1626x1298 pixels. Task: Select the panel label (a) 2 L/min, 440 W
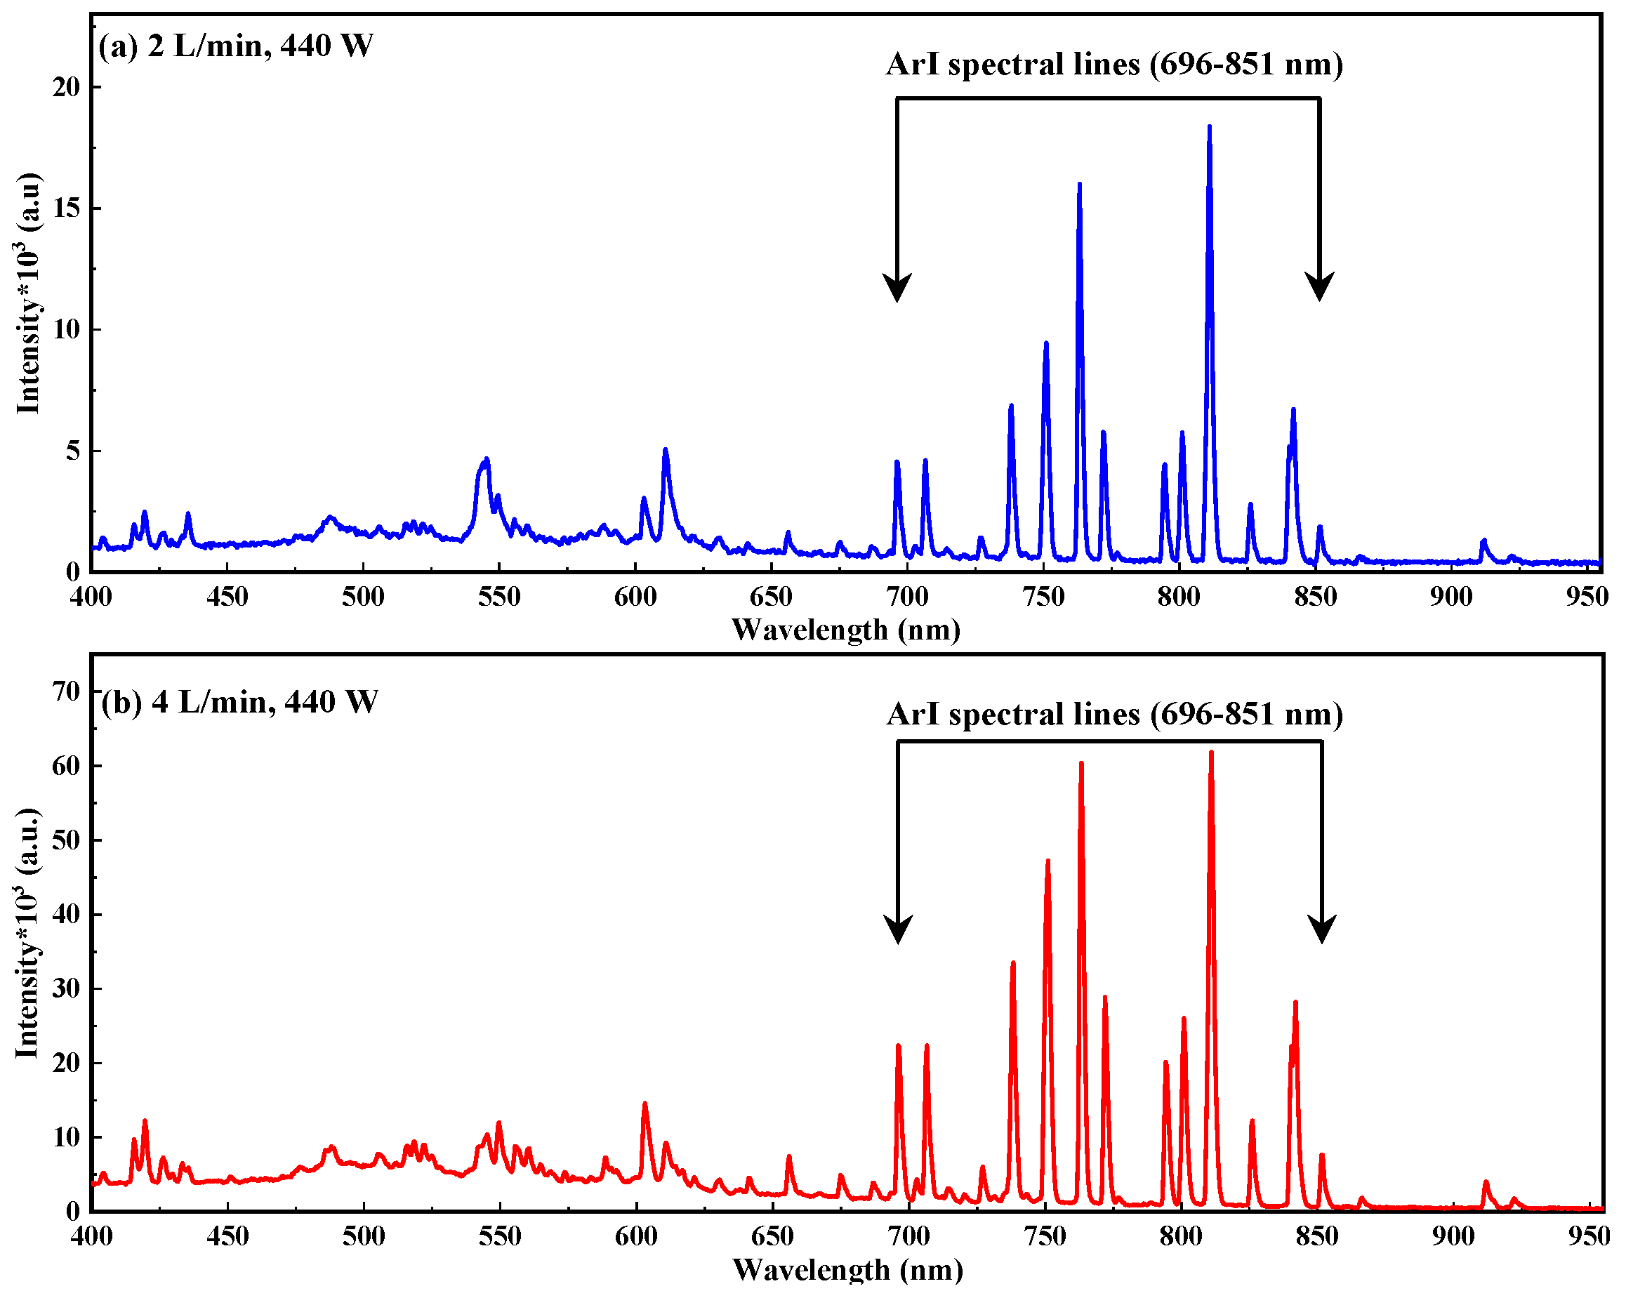235,47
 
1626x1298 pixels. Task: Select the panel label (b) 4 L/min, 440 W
239,702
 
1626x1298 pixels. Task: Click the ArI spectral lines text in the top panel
1114,65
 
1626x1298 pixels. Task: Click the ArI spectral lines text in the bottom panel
1115,714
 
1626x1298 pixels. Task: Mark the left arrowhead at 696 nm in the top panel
897,288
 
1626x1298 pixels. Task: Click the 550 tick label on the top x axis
499,597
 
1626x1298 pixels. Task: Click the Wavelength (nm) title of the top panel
845,630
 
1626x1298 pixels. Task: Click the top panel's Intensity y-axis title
29,294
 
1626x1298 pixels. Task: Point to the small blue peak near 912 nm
1483,541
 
